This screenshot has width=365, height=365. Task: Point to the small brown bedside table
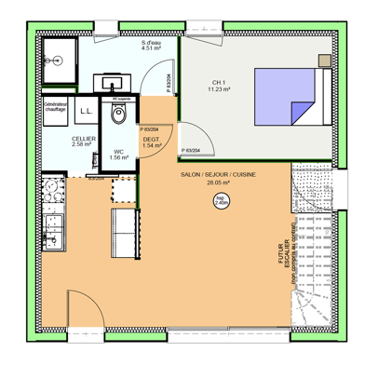[325, 62]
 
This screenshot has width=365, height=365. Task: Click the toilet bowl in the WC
[118, 115]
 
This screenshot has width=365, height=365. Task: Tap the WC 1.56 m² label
[119, 154]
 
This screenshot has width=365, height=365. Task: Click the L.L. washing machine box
[86, 112]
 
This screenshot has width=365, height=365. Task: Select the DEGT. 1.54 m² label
[151, 142]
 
